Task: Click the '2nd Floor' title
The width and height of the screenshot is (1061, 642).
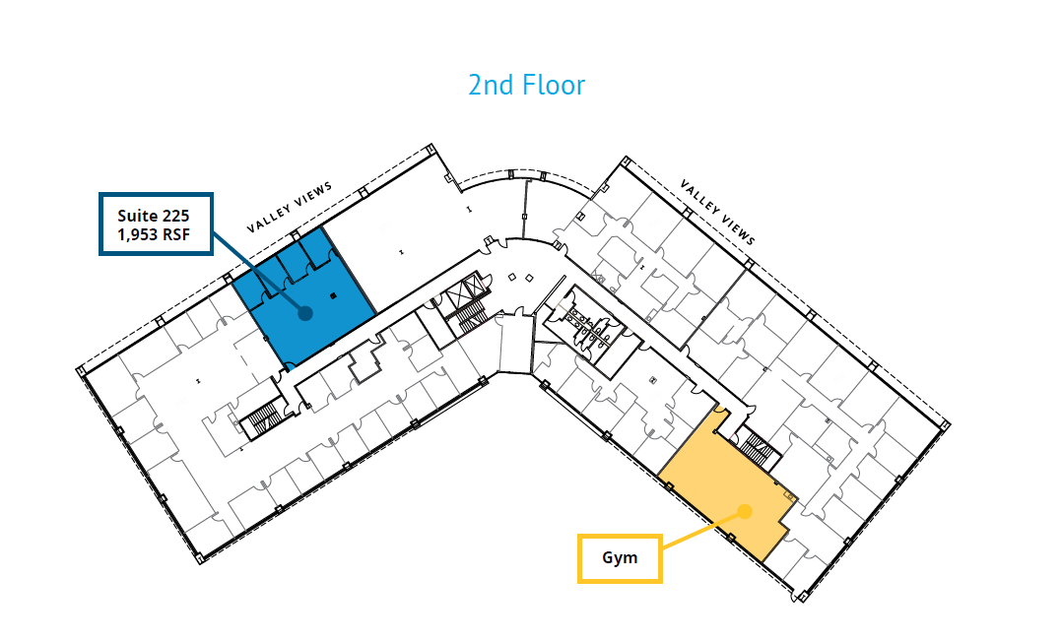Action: [x=526, y=86]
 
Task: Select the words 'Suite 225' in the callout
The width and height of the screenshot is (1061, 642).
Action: [x=153, y=215]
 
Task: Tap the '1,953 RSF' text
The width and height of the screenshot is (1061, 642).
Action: [x=153, y=235]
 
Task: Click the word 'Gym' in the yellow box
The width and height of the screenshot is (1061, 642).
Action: [x=620, y=557]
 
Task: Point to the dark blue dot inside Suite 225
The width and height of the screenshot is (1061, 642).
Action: [x=304, y=313]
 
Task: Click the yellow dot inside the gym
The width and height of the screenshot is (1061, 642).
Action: [x=745, y=511]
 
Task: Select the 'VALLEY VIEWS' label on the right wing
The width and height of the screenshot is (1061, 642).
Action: [x=718, y=212]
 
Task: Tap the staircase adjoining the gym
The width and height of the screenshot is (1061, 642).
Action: [x=758, y=449]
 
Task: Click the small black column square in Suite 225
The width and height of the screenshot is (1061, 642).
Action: [x=332, y=294]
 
